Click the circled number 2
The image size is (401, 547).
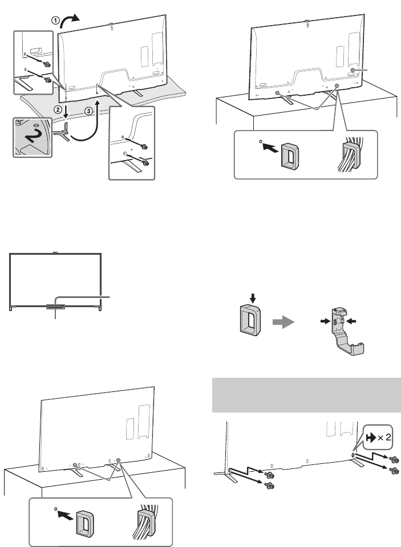pyautogui.click(x=56, y=108)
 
